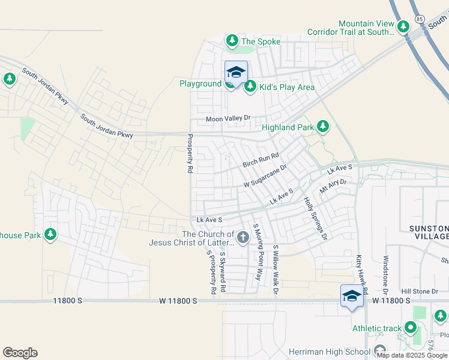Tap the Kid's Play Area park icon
click(250, 86)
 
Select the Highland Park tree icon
click(324, 126)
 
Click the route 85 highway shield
click(420, 20)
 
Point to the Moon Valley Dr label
click(228, 119)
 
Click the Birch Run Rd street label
click(261, 160)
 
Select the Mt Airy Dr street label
click(333, 186)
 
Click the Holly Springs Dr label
click(315, 218)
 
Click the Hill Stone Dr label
click(420, 291)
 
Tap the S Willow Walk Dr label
click(276, 269)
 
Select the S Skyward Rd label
click(222, 271)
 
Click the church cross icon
click(243, 238)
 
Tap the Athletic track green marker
click(411, 328)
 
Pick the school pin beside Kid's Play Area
click(236, 73)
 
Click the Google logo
click(20, 353)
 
